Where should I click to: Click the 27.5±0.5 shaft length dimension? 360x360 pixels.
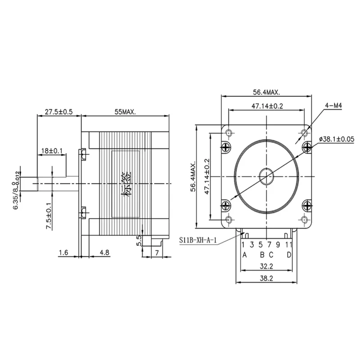[x=58, y=112]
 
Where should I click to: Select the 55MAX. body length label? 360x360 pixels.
[x=126, y=112]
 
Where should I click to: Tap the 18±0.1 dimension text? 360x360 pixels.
[x=52, y=151]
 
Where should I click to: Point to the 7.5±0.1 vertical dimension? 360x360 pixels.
[x=49, y=216]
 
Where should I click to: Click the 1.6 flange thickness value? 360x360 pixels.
[x=63, y=252]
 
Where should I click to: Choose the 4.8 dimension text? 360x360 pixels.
[x=104, y=252]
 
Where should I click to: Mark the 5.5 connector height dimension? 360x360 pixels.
[x=139, y=241]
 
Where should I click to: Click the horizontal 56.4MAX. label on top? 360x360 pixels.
[x=266, y=92]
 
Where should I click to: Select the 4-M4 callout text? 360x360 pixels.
[x=333, y=106]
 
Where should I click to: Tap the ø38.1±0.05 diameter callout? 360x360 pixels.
[x=337, y=139]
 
